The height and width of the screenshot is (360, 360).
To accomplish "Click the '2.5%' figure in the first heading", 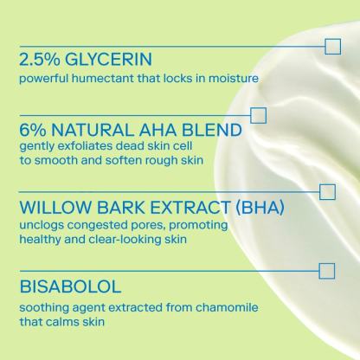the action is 40,59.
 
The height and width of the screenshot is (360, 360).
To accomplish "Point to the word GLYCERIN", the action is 108,59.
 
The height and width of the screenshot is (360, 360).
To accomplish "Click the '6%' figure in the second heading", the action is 33,130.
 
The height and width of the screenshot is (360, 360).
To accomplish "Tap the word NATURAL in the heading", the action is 93,130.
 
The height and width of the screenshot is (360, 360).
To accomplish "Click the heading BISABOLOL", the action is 70,286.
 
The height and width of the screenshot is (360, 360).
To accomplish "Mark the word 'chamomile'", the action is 227,307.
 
